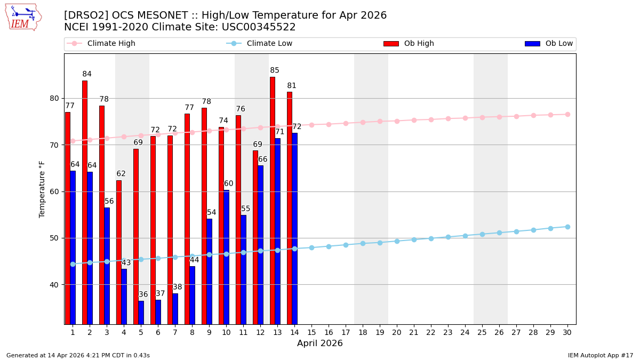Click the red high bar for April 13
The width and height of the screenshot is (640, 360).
[273, 200]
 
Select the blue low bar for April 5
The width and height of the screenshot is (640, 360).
[141, 313]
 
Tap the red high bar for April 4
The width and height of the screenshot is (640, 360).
[119, 252]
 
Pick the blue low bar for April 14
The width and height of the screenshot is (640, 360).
[294, 228]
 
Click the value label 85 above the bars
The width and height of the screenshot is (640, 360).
[275, 70]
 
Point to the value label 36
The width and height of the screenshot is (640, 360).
[143, 294]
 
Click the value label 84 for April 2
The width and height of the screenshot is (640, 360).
[87, 74]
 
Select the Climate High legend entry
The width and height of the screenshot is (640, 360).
[111, 44]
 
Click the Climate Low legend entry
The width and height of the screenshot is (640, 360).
[269, 44]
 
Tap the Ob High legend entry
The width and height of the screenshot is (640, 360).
[419, 44]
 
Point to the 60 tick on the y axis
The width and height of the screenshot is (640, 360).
[54, 191]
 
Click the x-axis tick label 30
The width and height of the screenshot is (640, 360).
[567, 332]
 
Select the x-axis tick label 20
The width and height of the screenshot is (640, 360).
[397, 332]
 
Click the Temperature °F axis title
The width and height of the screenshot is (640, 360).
[42, 189]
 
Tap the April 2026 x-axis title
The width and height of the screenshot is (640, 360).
[320, 343]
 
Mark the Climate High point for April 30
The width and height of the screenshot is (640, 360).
[567, 114]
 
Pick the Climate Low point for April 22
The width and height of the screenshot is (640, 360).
[431, 238]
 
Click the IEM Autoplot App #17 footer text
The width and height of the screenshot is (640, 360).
[601, 355]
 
